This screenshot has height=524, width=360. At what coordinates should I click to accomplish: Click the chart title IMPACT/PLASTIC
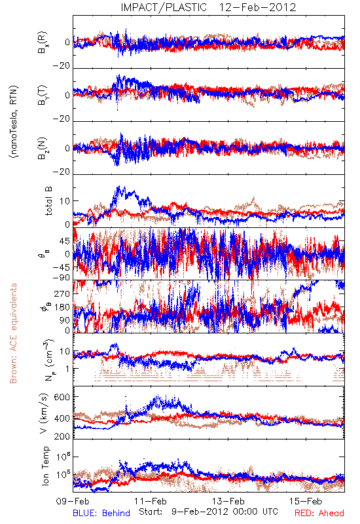(x=164, y=7)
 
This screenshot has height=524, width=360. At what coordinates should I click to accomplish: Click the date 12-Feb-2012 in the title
(x=257, y=7)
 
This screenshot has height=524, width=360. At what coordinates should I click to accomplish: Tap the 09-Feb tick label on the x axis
(x=73, y=501)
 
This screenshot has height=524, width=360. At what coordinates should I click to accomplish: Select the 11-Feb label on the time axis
(x=151, y=501)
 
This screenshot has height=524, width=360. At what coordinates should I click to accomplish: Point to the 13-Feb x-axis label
(x=228, y=501)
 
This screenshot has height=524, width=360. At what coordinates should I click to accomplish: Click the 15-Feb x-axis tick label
(x=306, y=501)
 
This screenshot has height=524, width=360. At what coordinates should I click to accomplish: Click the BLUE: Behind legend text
(x=101, y=513)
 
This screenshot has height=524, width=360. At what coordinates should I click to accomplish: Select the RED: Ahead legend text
(x=319, y=513)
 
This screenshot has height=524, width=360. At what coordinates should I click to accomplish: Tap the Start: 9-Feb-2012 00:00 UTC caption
(x=208, y=512)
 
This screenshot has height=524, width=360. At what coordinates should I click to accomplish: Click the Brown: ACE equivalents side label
(x=13, y=333)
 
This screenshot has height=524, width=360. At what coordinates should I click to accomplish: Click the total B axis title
(x=48, y=201)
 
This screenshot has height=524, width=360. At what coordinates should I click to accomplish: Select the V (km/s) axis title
(x=45, y=413)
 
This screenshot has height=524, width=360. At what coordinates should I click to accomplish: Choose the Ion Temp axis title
(x=45, y=466)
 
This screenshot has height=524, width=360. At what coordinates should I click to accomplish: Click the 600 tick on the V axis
(x=62, y=397)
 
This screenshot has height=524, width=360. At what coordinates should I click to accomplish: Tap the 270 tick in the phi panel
(x=62, y=293)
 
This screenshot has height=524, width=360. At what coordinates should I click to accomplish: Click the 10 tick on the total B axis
(x=65, y=201)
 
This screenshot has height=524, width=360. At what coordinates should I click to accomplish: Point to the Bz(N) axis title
(x=43, y=148)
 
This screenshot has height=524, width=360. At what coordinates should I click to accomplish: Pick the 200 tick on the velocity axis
(x=62, y=436)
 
